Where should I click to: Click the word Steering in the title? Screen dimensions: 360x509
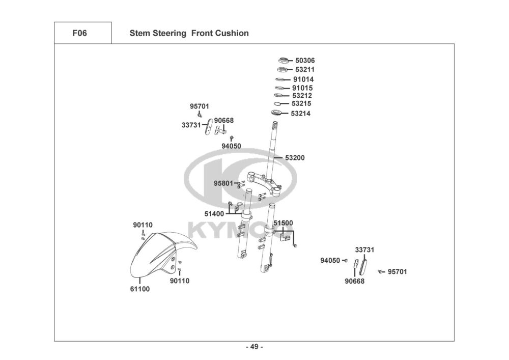coord(169,33)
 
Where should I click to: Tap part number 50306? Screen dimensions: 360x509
coord(305,60)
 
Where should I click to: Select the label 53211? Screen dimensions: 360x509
coord(305,69)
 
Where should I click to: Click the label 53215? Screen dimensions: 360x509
coord(302,103)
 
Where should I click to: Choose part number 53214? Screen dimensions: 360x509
coord(300,114)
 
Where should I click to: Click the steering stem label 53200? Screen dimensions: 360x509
coord(295,158)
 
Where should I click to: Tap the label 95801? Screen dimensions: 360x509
coord(223,183)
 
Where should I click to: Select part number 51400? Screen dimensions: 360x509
coord(214,214)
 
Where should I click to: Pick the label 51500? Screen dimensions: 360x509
coord(283,223)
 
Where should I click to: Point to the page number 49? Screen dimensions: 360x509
coord(254,347)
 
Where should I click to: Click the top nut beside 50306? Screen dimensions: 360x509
coord(284,61)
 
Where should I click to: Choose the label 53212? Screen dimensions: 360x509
coord(302,95)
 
